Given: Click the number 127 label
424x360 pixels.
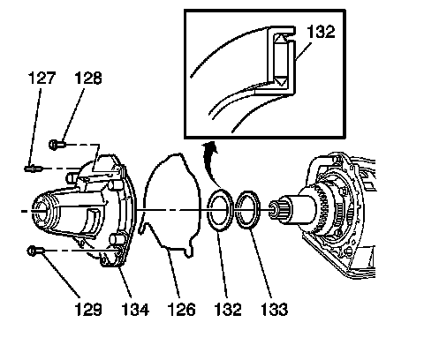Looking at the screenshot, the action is (x=42, y=78).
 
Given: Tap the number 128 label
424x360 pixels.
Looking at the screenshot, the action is (x=88, y=79).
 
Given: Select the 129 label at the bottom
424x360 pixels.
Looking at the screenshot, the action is (x=88, y=309).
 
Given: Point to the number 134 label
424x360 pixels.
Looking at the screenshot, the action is (x=135, y=309).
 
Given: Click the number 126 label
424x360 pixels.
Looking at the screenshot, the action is (x=181, y=309).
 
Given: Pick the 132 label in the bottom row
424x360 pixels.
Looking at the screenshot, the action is (x=228, y=309).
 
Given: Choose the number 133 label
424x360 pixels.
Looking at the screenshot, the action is (x=274, y=309).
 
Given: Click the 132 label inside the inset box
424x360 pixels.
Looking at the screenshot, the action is (x=321, y=32).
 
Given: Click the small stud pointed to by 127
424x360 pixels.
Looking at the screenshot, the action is (x=34, y=169).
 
